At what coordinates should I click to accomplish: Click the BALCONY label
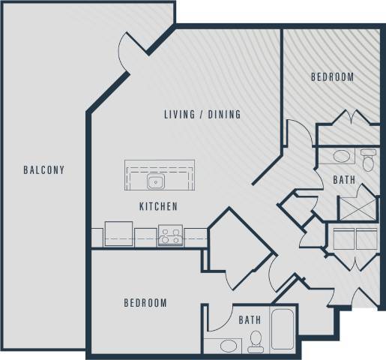(x=43, y=170)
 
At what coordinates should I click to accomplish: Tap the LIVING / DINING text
(x=202, y=115)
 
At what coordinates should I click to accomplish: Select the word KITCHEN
(x=158, y=206)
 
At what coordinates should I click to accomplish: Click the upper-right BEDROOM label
(x=333, y=77)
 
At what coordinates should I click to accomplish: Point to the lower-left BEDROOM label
(x=145, y=303)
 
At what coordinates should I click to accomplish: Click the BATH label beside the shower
(x=344, y=180)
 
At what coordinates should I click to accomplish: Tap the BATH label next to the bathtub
(x=250, y=320)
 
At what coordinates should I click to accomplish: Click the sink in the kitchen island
(x=157, y=181)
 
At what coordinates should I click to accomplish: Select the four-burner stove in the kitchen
(x=170, y=236)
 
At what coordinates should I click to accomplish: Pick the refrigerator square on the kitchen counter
(x=118, y=233)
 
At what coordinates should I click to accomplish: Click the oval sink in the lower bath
(x=223, y=345)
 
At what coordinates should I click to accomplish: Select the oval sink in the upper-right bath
(x=341, y=157)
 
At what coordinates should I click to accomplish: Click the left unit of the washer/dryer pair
(x=343, y=239)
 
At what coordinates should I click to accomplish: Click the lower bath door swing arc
(x=218, y=318)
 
